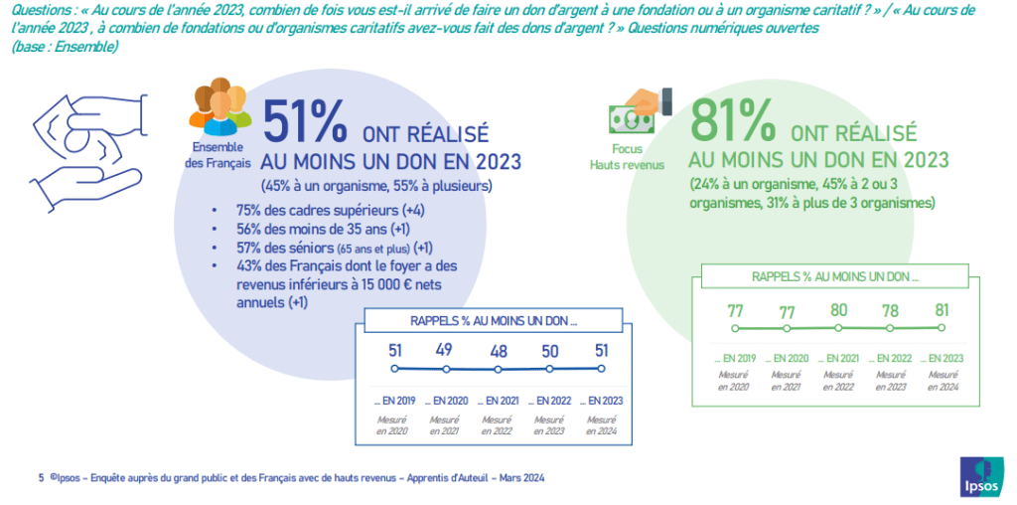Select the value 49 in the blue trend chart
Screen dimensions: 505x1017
point(446,349)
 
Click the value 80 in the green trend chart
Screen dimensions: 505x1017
point(838,310)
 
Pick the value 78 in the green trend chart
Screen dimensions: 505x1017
point(890,310)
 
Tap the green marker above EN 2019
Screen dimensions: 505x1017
point(735,328)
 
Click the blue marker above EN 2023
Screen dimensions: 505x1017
point(601,368)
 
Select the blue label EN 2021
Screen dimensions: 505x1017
point(497,401)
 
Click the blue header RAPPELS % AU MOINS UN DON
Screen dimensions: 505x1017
point(494,320)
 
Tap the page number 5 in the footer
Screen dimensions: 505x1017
point(41,478)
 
